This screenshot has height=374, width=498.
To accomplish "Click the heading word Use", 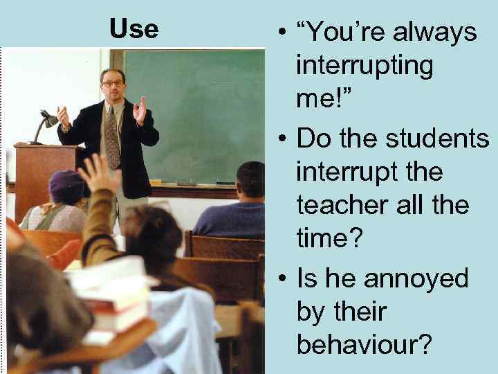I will tap(133, 29).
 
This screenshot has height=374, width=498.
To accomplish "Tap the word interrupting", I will tap(365, 66).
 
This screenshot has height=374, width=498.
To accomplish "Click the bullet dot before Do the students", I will tap(282, 138).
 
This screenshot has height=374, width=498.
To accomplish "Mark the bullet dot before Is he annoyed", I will tap(282, 279).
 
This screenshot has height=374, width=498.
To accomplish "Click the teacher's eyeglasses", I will tap(113, 83).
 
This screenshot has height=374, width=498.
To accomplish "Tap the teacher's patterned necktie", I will tap(111, 136).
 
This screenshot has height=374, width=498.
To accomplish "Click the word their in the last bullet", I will tap(331, 312).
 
